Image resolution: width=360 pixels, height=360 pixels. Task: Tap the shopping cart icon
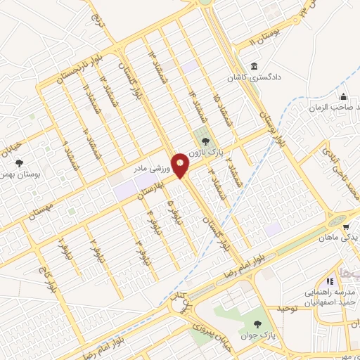tap(347, 226)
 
